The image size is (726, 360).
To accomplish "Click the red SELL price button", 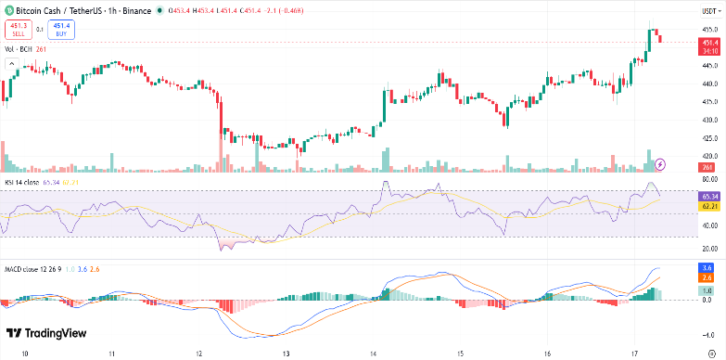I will tap(19, 29).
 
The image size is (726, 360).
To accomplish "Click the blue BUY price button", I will tap(61, 29).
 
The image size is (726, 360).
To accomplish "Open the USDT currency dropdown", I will tap(711, 10).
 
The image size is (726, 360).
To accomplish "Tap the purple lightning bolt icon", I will tap(660, 164).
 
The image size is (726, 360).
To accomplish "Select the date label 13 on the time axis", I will tap(287, 354).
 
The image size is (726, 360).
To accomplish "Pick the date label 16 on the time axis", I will tap(547, 354).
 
